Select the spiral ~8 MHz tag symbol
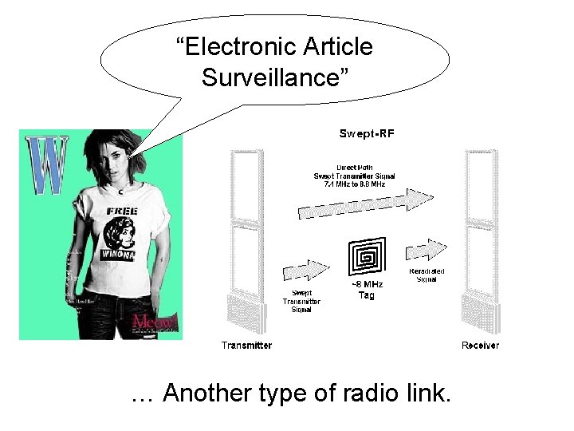tap(367, 257)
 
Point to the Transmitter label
tap(246, 346)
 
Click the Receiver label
tap(481, 346)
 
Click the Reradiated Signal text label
tap(427, 275)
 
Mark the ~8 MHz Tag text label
tap(368, 290)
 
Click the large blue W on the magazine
tap(46, 165)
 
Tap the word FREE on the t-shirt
tap(122, 211)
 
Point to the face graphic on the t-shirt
tap(119, 231)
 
